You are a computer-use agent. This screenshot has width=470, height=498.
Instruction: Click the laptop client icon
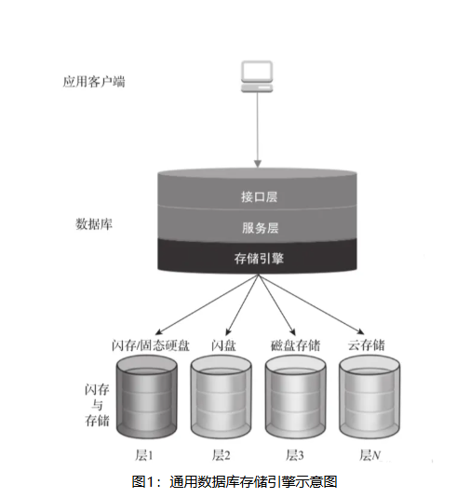point(257,76)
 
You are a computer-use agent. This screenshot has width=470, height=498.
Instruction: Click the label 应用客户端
point(94,82)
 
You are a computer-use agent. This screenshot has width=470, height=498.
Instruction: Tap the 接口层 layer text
point(259,197)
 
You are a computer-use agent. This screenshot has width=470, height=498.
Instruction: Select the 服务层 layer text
point(260,228)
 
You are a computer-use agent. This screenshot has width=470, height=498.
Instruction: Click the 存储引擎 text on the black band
point(259,259)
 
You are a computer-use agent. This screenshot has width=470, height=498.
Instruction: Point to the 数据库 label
point(94,224)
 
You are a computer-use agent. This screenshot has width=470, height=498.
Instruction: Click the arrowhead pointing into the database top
point(258,164)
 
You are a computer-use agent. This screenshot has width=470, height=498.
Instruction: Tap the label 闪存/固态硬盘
point(151,345)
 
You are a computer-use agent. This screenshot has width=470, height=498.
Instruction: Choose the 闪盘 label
point(223,345)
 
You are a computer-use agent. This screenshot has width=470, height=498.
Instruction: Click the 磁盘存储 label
point(296,345)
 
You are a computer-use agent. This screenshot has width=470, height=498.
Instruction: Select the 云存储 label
point(366,345)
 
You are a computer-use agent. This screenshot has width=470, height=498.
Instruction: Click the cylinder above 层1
point(146,397)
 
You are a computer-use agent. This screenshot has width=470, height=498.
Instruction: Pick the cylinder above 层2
point(221,397)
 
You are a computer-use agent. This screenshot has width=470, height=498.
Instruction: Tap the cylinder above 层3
point(296,397)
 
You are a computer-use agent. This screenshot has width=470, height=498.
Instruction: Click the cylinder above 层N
point(369,397)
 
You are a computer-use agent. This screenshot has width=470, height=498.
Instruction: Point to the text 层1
point(144,455)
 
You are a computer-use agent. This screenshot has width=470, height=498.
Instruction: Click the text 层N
point(370,455)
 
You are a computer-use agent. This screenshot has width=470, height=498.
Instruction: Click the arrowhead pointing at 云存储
point(360,331)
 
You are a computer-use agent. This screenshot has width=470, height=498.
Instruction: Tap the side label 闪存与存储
point(97,405)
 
